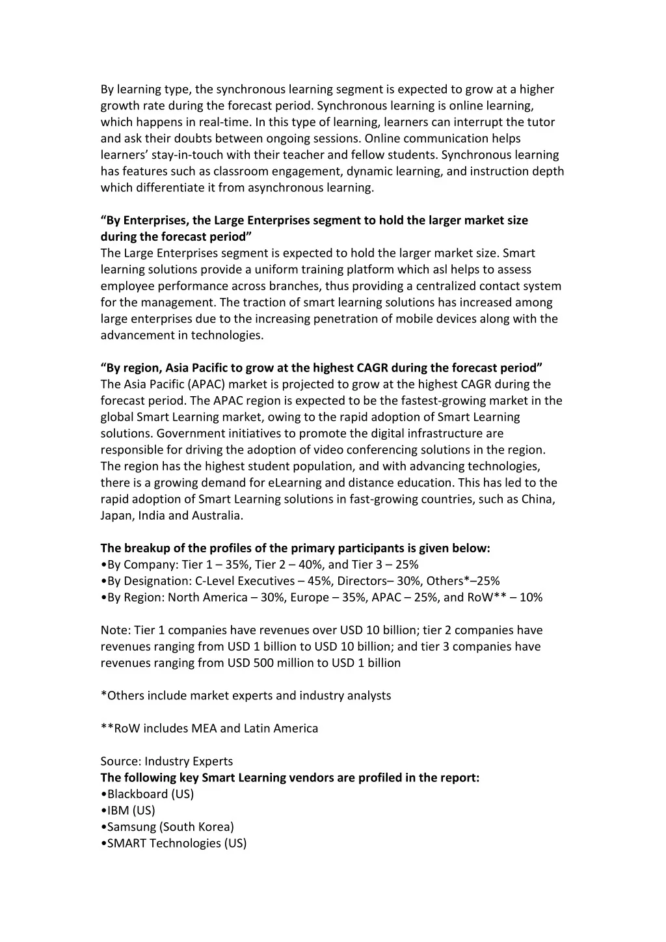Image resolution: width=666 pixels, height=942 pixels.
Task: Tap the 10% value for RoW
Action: (531, 597)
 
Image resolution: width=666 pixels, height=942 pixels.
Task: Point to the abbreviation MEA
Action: (204, 729)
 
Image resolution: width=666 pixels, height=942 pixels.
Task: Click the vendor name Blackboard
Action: (137, 794)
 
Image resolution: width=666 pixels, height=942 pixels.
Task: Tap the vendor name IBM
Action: (118, 811)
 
